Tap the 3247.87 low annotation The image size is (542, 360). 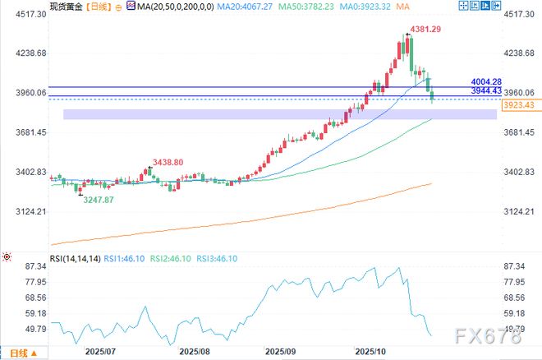tap(99, 200)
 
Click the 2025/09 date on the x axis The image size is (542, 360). tap(282, 350)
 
